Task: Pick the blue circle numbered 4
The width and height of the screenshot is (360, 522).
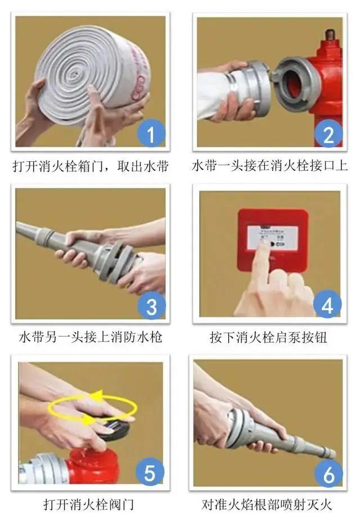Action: click(x=327, y=306)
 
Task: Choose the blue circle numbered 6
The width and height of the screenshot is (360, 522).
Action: click(x=327, y=475)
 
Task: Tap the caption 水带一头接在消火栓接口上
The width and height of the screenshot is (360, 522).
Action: click(x=270, y=166)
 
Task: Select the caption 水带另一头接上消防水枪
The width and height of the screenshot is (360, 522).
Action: click(x=91, y=338)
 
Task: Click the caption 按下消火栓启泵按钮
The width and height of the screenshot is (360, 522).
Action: click(x=268, y=338)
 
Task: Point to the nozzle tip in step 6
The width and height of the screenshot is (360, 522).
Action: click(x=328, y=452)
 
